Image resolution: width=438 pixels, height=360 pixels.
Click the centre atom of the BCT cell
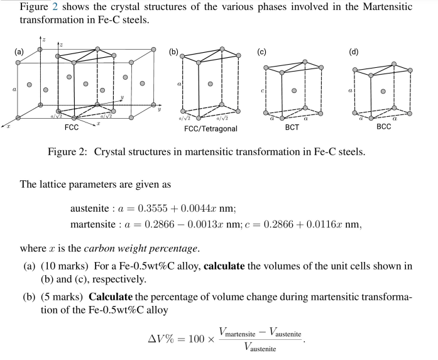click(x=293, y=89)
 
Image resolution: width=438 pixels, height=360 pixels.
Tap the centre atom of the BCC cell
click(x=383, y=90)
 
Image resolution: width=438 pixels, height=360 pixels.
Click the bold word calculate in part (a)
click(x=239, y=266)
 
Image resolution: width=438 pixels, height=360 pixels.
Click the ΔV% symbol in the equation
click(x=160, y=339)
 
